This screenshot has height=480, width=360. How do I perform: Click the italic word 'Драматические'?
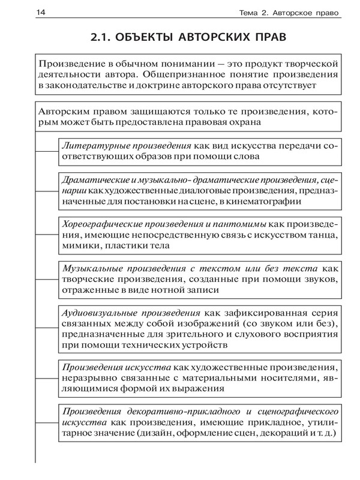click(94, 180)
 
